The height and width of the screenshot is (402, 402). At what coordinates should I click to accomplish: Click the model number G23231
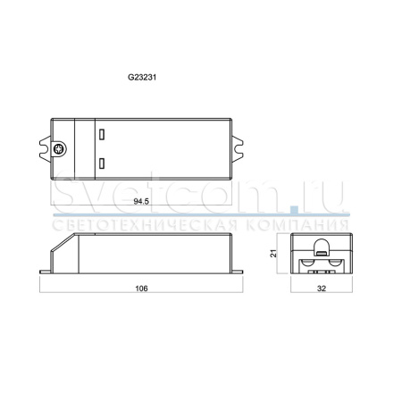pos(142,77)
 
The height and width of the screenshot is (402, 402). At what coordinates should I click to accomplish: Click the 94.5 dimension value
pos(141,202)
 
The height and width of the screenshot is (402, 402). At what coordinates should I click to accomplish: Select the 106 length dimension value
pos(141,289)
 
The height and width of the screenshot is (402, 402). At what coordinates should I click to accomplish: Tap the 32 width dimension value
pos(322,289)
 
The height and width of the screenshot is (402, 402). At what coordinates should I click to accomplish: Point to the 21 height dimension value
pos(273,254)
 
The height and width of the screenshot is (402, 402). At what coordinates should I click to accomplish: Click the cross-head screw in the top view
pos(59,149)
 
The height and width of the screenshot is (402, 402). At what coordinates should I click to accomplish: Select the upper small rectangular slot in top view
pos(102,134)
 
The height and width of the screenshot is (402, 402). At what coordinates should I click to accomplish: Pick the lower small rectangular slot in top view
pos(102,163)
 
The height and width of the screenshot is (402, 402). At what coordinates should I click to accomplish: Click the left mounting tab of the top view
pos(45,149)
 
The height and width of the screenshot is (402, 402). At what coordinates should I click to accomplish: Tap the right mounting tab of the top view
pos(238,149)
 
